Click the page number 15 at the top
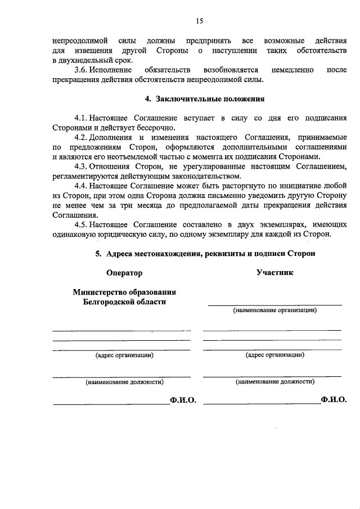click(199, 21)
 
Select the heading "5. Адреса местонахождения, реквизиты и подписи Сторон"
click(205, 254)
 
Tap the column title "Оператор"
click(124, 273)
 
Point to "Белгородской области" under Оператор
click(124, 302)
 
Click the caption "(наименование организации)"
click(275, 310)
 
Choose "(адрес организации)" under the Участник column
click(275, 355)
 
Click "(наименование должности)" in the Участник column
click(275, 381)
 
